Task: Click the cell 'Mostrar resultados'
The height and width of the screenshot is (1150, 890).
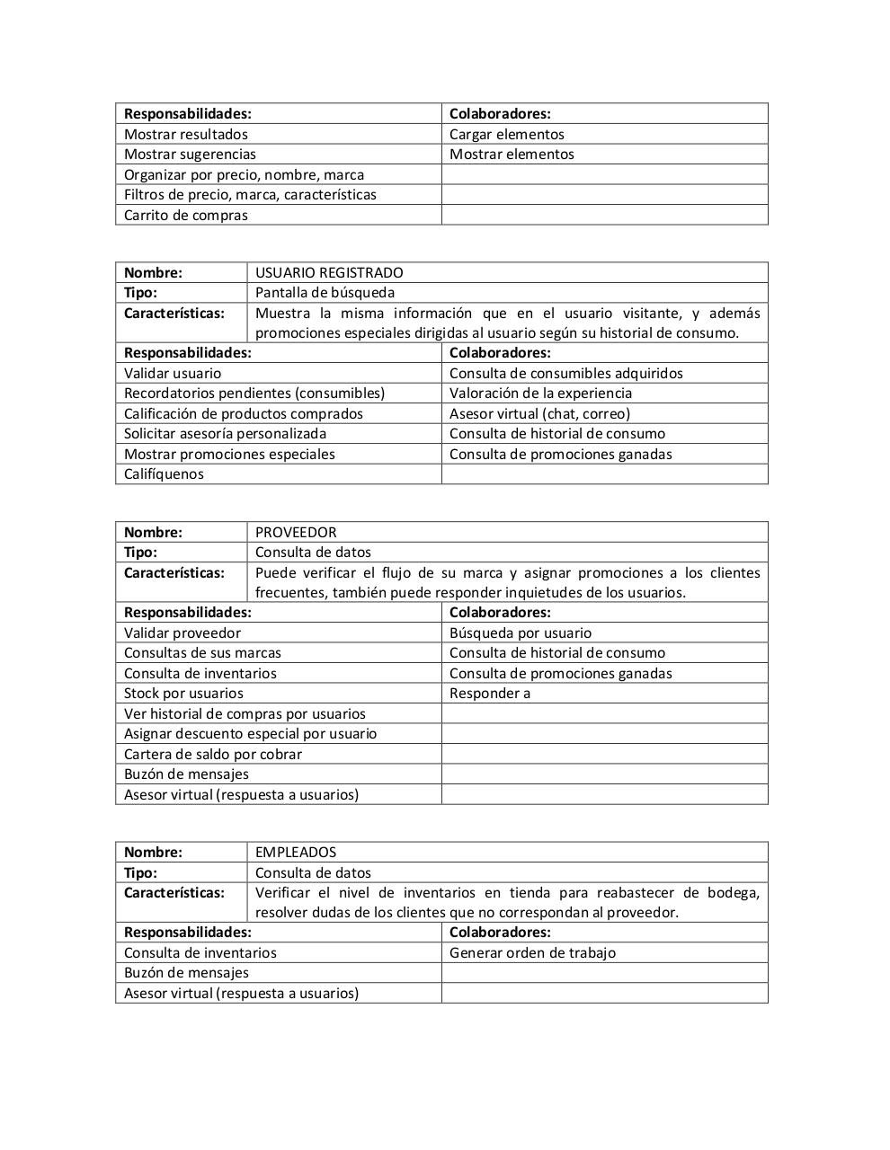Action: pos(186,135)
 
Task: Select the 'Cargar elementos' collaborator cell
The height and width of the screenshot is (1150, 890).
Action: pos(507,135)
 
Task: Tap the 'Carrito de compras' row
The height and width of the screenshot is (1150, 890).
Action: pos(186,216)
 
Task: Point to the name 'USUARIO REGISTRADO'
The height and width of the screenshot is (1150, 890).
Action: pos(329,273)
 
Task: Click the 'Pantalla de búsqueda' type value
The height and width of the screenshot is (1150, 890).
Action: pos(325,293)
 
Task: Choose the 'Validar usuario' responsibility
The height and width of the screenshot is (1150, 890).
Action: pos(173,374)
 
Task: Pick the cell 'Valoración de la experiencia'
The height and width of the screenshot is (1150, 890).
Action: pos(540,394)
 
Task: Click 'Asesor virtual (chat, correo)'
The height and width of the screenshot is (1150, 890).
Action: pos(539,414)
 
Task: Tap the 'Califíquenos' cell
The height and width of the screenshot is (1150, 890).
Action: pos(164,474)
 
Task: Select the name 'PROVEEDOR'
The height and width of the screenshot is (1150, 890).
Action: pos(296,533)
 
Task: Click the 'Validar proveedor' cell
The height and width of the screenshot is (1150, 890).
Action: pos(182,633)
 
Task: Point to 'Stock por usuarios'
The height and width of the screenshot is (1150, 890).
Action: pos(183,694)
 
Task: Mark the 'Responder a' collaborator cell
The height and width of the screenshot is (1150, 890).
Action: pos(490,694)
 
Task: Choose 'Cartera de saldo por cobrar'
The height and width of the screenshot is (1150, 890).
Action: pos(213,755)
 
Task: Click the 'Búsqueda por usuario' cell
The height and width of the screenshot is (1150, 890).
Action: pos(521,633)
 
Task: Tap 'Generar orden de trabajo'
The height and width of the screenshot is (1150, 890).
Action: pos(532,953)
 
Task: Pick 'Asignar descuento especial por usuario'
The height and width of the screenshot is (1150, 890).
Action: pos(251,734)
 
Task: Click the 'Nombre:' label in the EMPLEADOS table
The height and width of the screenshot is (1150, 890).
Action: pos(153,853)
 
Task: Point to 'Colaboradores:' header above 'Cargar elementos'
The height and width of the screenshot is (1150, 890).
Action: pos(500,114)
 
